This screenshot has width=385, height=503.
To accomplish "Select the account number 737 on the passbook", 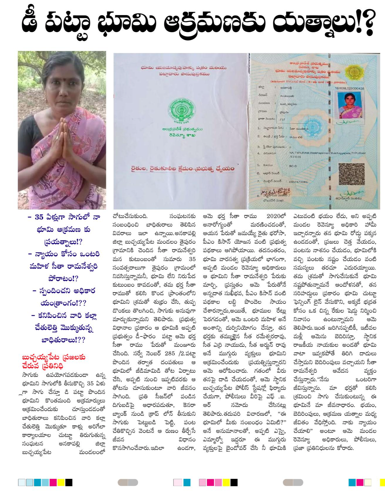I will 282,119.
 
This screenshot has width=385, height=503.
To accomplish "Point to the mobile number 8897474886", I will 298,182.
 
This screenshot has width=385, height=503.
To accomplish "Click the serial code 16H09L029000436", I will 349,88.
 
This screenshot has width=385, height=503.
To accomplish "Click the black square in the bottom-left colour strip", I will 69,482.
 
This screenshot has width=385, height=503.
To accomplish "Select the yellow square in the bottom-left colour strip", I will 61,482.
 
